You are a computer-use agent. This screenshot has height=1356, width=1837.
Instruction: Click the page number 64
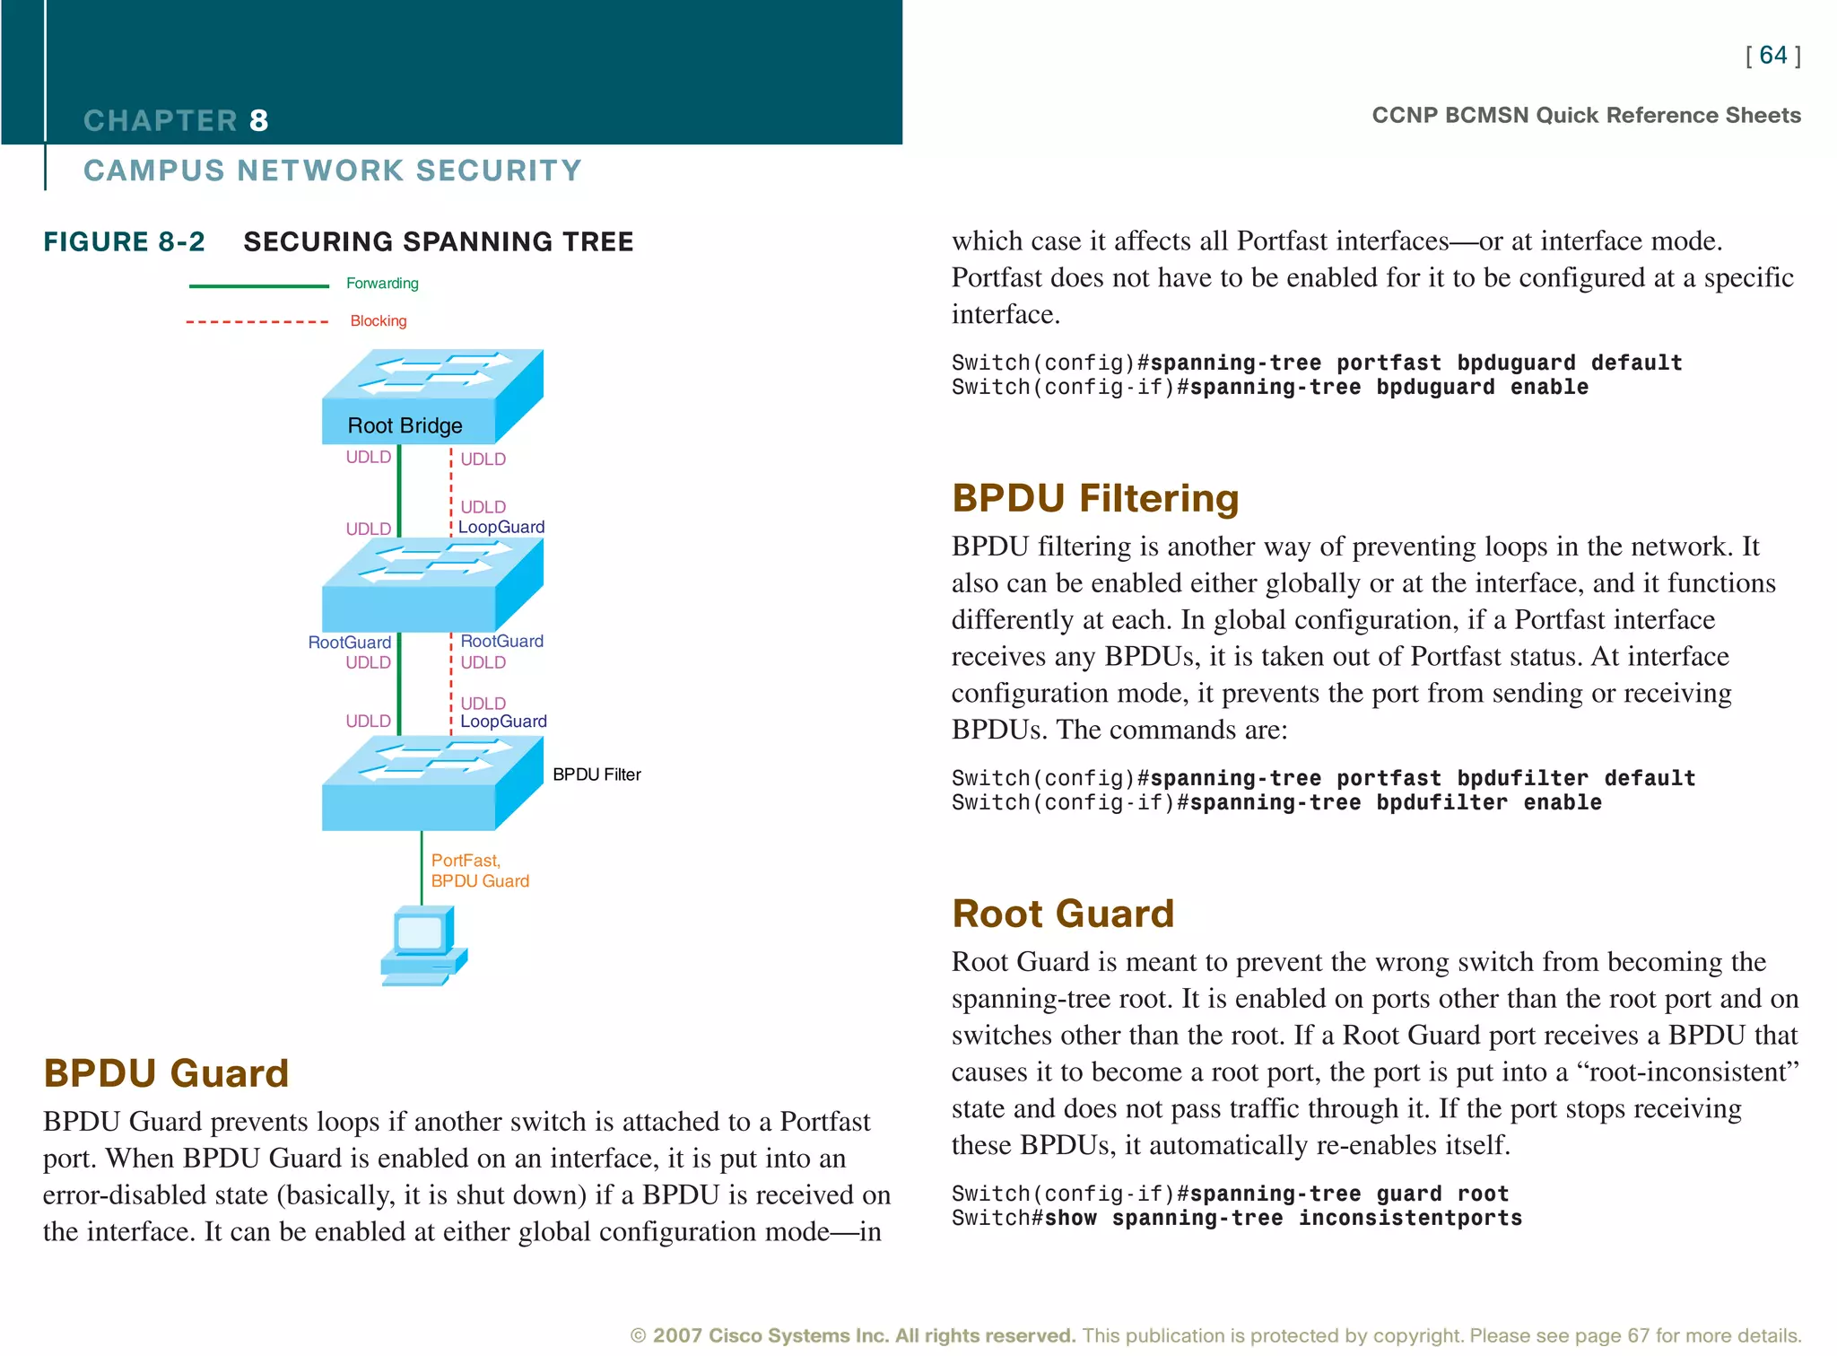(1772, 56)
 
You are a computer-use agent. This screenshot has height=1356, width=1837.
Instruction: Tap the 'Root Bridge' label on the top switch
(405, 425)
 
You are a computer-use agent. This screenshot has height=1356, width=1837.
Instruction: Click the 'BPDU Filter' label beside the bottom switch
(596, 774)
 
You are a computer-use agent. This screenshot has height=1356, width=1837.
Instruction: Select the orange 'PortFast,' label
(466, 860)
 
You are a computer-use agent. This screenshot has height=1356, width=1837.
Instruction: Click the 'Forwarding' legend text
(382, 284)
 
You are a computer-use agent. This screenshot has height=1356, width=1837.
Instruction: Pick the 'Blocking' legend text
(378, 321)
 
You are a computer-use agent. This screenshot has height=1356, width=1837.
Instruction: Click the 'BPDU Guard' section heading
(166, 1073)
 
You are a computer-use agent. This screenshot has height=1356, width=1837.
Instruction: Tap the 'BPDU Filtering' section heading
(1095, 498)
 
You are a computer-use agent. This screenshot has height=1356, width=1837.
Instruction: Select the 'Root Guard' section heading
(1063, 914)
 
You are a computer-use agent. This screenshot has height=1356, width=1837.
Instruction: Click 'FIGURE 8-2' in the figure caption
(125, 241)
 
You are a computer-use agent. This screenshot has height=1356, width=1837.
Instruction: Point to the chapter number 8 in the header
(258, 120)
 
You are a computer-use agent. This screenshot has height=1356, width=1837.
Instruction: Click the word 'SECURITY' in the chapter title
(499, 171)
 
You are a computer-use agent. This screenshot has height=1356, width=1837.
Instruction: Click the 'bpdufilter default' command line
(1323, 778)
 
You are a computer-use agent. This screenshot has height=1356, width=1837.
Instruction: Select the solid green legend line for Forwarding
(258, 286)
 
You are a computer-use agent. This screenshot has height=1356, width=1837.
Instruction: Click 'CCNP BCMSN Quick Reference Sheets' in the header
(1586, 116)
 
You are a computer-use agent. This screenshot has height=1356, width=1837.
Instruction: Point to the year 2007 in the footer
(676, 1335)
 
